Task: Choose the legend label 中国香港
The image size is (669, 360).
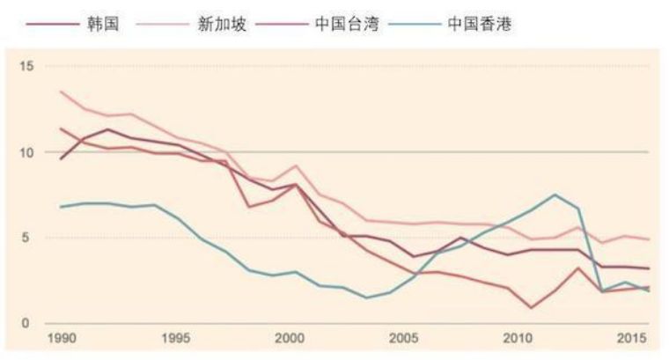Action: click(x=480, y=23)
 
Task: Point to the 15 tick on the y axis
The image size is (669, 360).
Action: click(x=25, y=67)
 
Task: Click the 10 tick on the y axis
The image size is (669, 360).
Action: click(x=25, y=152)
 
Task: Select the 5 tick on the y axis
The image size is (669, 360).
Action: click(x=27, y=238)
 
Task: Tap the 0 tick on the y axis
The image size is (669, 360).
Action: click(x=27, y=323)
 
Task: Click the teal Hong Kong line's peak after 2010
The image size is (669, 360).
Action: click(x=555, y=195)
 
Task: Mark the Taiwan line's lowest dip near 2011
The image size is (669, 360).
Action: click(x=532, y=307)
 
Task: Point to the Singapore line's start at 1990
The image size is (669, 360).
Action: click(x=60, y=92)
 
